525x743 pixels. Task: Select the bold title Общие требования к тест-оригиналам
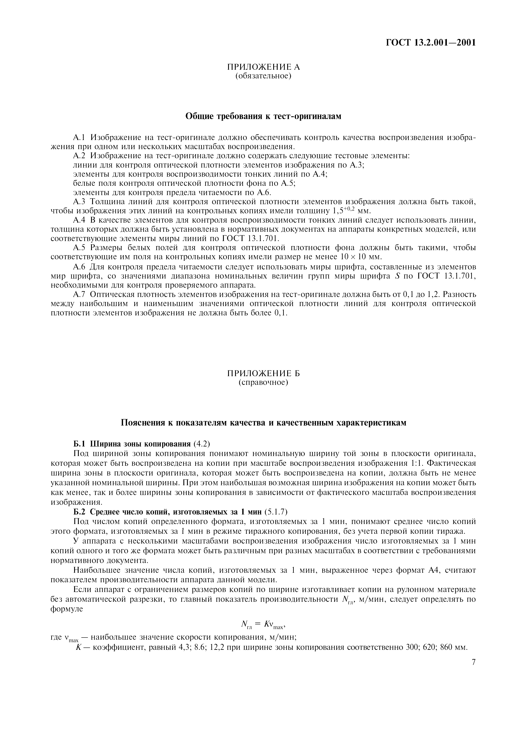(x=263, y=116)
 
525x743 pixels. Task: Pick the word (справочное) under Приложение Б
(x=263, y=383)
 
